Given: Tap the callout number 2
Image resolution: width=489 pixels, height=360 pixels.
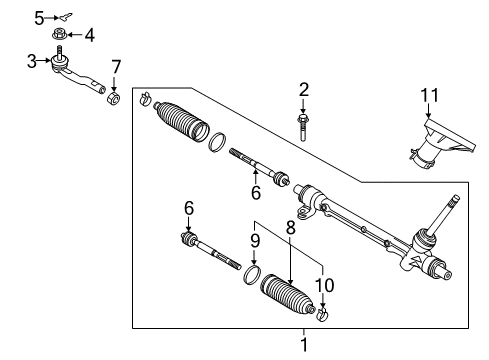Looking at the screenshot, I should (x=304, y=90).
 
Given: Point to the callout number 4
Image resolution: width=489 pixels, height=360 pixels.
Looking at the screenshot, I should (x=89, y=37).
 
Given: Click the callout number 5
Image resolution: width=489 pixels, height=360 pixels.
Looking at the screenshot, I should (x=39, y=17).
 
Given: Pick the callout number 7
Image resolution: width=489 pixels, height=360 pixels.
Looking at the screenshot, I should (x=116, y=67).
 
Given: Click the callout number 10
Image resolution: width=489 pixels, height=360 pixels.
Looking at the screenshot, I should (x=323, y=284).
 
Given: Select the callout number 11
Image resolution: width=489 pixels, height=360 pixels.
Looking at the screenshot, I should (x=429, y=96).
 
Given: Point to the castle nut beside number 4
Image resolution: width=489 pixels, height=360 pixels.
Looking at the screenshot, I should (x=62, y=37).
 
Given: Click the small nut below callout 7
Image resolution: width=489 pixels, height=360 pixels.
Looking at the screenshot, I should (x=114, y=98).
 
